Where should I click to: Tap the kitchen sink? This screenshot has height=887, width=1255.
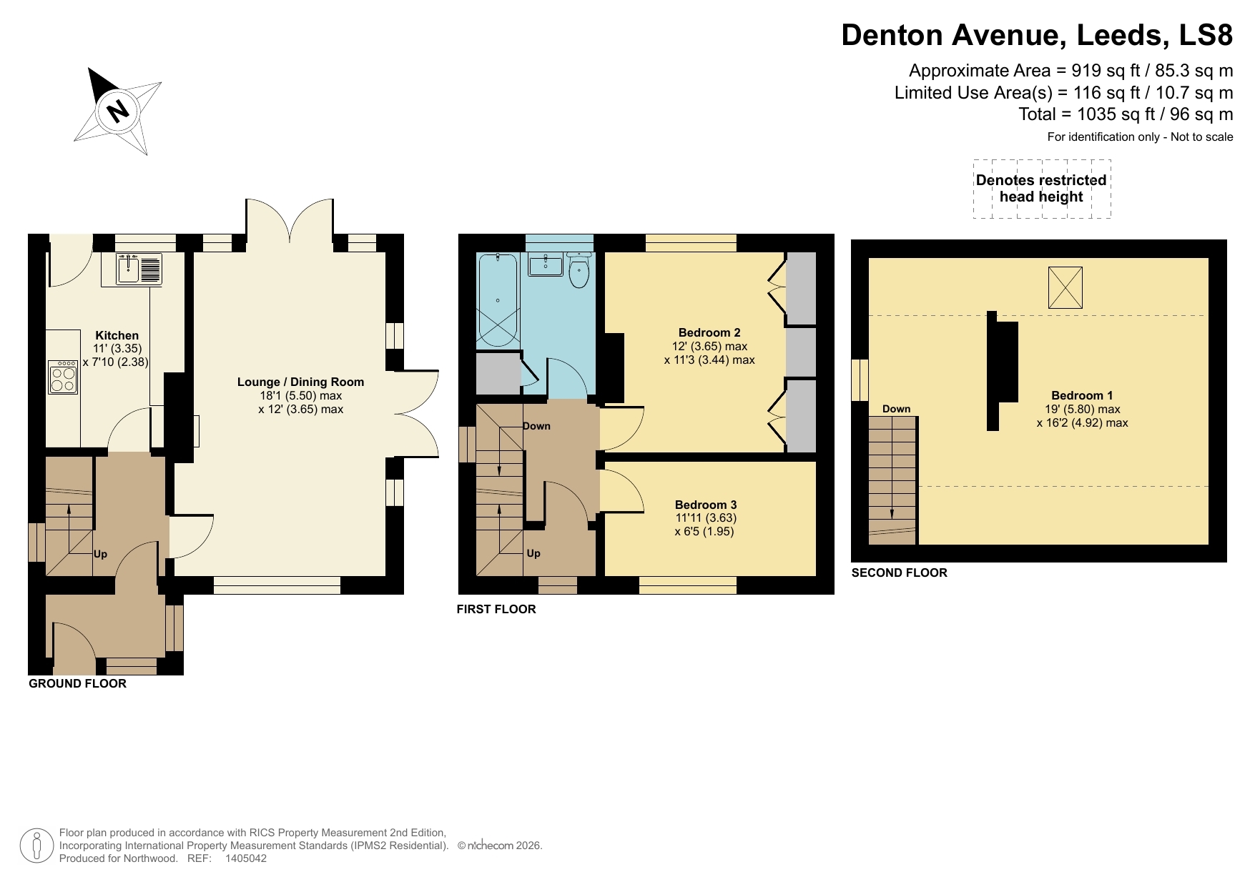pos(129,269)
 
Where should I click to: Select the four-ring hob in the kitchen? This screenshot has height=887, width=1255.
pos(63,377)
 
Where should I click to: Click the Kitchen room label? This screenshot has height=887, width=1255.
pos(117,335)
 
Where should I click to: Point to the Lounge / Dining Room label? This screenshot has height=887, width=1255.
pos(300,382)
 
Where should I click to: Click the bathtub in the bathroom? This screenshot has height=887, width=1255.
pos(497,300)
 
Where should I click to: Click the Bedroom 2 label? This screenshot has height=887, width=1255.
pos(709,332)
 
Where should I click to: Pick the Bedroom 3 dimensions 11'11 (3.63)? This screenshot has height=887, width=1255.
pos(705,517)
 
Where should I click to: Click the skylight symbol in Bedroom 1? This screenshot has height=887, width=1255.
pos(1065,287)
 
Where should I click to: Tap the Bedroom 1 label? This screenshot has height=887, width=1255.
pos(1081,395)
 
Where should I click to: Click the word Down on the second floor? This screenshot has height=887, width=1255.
pos(896,409)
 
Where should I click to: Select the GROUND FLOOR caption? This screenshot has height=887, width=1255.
pos(77,683)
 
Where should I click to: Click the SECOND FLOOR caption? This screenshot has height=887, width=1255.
pos(899,573)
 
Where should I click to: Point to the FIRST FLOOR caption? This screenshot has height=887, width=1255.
pos(496,609)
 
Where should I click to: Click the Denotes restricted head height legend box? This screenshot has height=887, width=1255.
pos(1041,189)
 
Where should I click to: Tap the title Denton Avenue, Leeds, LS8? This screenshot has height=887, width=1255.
pos(1036,35)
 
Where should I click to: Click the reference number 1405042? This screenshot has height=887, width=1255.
pos(245,858)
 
